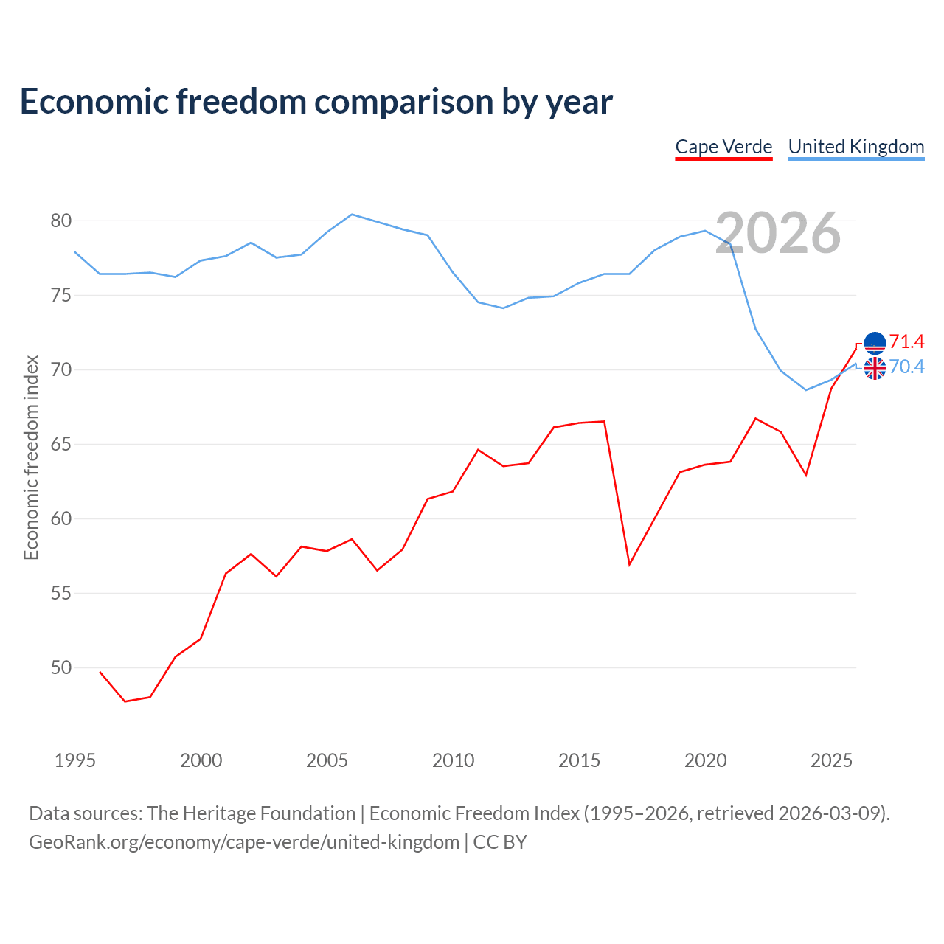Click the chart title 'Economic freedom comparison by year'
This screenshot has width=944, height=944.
click(316, 102)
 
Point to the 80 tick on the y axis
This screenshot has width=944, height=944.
click(60, 221)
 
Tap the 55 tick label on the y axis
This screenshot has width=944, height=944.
click(60, 593)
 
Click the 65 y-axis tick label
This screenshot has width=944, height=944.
click(60, 444)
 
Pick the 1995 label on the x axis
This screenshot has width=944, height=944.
click(75, 760)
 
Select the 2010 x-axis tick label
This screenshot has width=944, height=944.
click(453, 760)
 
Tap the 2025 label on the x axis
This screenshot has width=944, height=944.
click(831, 760)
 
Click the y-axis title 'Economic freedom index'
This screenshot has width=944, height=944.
click(31, 457)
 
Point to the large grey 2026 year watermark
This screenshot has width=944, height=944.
click(778, 233)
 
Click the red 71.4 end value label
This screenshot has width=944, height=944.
click(907, 341)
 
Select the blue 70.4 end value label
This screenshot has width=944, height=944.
click(907, 367)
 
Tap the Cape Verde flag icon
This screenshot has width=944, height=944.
click(875, 343)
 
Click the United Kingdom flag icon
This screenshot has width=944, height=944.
click(875, 369)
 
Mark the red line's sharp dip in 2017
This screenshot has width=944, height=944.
click(630, 565)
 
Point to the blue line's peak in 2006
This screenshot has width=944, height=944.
click(352, 214)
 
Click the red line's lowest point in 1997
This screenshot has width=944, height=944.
click(125, 701)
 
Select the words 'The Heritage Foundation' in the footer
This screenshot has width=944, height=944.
click(251, 813)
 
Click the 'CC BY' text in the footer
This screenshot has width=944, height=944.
click(500, 842)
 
